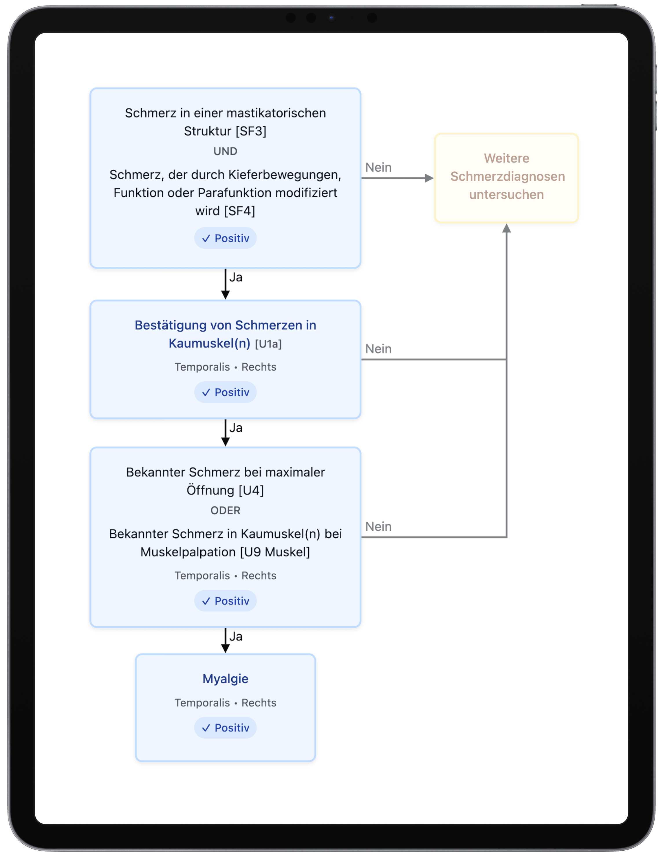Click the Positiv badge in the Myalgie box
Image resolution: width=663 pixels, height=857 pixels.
coord(225,728)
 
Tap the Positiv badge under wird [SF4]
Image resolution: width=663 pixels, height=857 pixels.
coord(225,238)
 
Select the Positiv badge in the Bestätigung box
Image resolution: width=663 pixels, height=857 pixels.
coord(225,392)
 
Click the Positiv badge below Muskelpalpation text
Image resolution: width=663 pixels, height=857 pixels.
coord(225,601)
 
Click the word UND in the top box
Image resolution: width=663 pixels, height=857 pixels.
coord(225,151)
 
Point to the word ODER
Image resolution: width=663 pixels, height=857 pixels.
coord(225,510)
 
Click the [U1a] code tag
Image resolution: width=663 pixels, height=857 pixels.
coord(268,344)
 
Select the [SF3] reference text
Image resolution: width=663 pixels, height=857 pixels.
coord(251,131)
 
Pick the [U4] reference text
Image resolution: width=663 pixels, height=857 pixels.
coord(251,490)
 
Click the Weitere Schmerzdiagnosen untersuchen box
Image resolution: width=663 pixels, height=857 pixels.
coord(506,178)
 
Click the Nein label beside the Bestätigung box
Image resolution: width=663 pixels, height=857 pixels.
coord(378,349)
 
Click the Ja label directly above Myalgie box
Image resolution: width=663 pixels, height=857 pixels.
coord(236,636)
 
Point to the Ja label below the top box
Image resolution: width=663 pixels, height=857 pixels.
coord(236,277)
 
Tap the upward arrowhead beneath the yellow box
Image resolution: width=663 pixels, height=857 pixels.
coord(506,228)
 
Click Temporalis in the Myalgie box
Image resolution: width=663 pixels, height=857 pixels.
coord(202,702)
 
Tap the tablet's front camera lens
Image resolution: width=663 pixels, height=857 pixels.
coord(331,18)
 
